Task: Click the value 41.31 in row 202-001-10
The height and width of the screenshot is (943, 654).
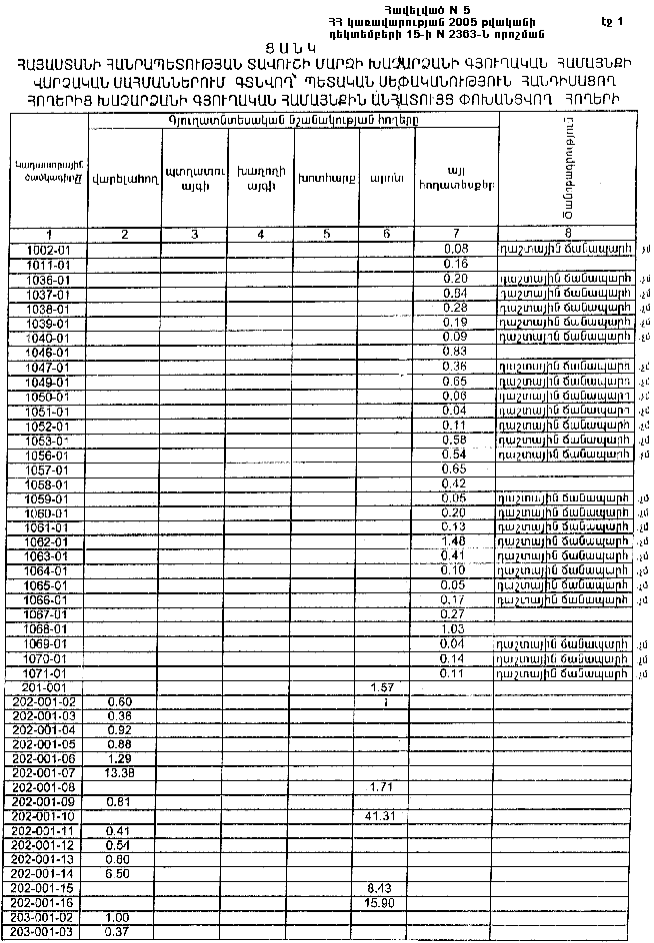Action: pos(379,817)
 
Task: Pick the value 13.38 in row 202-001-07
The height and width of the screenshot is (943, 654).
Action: pos(120,772)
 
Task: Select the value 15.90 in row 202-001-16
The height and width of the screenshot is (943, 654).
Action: pos(379,903)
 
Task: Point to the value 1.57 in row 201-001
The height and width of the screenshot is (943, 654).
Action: pos(379,688)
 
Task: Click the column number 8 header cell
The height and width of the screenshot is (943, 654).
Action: pos(566,234)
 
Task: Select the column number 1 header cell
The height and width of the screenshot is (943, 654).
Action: pos(48,234)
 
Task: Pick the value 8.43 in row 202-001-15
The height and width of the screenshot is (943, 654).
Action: pos(379,889)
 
